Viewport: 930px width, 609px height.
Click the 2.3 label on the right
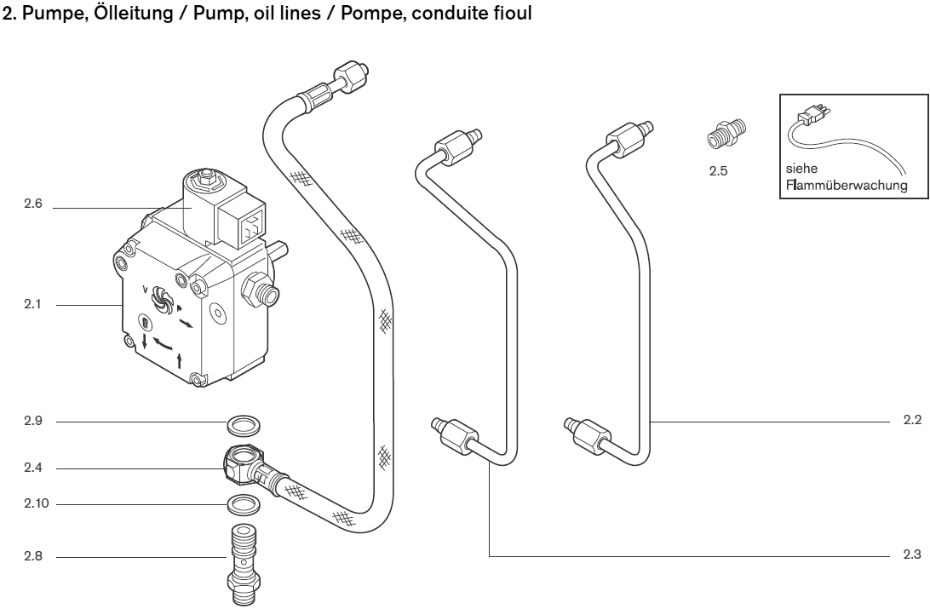(x=911, y=555)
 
